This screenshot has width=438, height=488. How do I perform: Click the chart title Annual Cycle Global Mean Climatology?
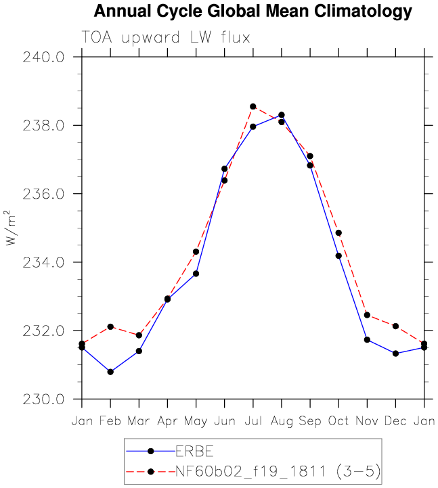[x=253, y=11]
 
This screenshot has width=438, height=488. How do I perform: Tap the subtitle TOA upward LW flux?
[x=166, y=38]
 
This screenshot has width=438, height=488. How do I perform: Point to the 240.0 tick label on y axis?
[x=43, y=57]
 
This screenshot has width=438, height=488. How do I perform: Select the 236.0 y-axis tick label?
[x=43, y=194]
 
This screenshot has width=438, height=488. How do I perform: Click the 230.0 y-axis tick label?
[x=43, y=399]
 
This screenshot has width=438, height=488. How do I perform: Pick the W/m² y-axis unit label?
[x=9, y=228]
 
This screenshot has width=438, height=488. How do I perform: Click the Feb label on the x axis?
[x=110, y=421]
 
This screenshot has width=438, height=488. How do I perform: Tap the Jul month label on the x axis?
[x=253, y=421]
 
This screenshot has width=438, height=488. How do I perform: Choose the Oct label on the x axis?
[x=338, y=421]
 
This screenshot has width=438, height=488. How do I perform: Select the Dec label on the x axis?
[x=395, y=421]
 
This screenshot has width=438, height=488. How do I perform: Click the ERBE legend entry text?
[x=194, y=452]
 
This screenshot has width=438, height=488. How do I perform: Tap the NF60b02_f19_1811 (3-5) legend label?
[x=278, y=471]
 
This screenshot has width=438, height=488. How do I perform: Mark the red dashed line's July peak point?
[x=253, y=107]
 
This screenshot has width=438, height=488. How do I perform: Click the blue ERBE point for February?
[x=110, y=372]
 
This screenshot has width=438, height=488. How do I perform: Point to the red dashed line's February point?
[x=110, y=326]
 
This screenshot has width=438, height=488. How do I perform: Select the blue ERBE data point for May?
[x=196, y=274]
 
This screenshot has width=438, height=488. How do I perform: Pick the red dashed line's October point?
[x=338, y=233]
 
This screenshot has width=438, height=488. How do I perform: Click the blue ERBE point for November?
[x=367, y=340]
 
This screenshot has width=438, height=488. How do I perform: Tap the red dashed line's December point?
[x=395, y=326]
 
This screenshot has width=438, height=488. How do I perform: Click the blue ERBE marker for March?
[x=139, y=351]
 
